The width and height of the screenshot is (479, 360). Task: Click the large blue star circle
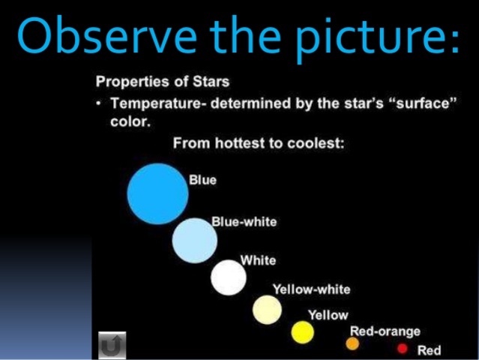pos(157,194)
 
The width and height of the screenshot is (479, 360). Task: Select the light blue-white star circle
pos(195,241)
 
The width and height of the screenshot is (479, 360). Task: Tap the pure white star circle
pos(229,277)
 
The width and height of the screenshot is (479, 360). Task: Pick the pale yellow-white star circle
pos(267,309)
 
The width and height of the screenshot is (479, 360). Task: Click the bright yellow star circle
pos(303,332)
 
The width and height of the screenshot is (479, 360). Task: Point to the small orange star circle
pos(352,343)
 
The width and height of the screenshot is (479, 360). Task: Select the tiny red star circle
pos(403,349)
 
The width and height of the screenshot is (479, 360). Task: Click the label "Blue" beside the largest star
pos(202,180)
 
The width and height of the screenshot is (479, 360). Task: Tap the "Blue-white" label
pos(244,222)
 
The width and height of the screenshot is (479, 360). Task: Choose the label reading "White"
pos(258,260)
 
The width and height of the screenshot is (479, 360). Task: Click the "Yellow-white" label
pos(311,289)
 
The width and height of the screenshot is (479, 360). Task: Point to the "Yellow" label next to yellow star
pos(328,315)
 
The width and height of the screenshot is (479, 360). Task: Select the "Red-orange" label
pos(385,331)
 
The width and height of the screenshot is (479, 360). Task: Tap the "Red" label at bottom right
pos(429,350)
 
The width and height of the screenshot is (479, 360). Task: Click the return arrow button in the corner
pos(112,345)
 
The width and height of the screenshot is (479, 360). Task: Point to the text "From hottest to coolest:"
pos(259,143)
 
